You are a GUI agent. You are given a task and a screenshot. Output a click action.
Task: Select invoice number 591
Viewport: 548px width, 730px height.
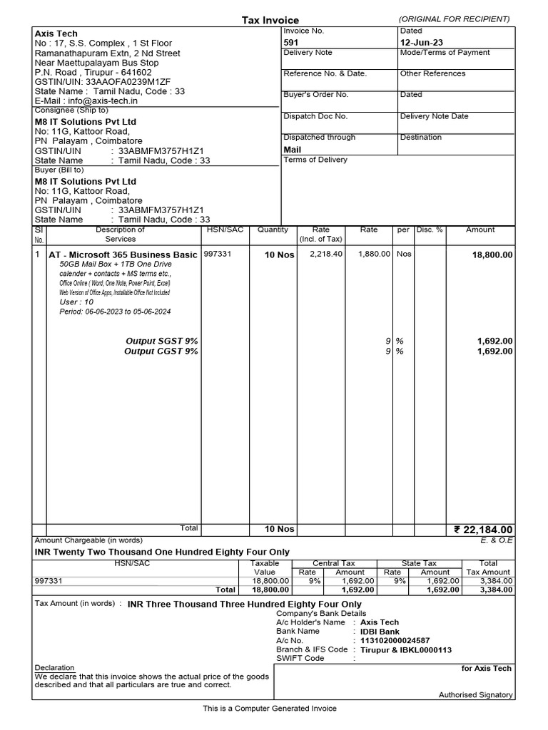click(291, 43)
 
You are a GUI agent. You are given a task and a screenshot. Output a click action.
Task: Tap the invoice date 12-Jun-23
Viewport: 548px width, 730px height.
click(422, 43)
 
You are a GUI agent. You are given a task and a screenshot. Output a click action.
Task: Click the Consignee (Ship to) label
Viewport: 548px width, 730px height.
click(71, 110)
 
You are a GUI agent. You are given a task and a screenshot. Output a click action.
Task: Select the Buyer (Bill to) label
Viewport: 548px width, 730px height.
click(59, 170)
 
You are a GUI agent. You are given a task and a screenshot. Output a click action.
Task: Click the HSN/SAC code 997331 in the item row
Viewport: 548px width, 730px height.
click(218, 254)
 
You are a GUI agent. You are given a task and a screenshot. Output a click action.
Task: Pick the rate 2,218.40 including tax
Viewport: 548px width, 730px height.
click(325, 254)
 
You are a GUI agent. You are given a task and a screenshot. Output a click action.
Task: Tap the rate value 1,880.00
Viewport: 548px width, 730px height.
click(373, 254)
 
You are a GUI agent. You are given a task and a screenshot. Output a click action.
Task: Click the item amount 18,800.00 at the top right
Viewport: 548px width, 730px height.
click(492, 255)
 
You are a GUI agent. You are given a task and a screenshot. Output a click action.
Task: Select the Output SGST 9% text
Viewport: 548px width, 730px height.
click(162, 341)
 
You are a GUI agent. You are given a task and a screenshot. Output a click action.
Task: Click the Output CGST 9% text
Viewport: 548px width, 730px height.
click(161, 351)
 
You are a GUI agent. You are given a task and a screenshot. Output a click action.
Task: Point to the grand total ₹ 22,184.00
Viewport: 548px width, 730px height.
click(483, 530)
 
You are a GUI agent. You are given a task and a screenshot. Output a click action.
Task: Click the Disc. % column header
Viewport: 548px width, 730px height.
click(430, 230)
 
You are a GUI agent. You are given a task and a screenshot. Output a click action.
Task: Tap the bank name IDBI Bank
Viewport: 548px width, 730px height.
click(380, 632)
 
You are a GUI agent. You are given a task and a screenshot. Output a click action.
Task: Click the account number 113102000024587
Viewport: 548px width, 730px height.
click(395, 641)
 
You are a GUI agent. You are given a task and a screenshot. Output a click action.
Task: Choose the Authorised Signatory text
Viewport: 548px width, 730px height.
click(475, 695)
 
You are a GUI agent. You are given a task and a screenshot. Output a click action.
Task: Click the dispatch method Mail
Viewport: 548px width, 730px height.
click(293, 150)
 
